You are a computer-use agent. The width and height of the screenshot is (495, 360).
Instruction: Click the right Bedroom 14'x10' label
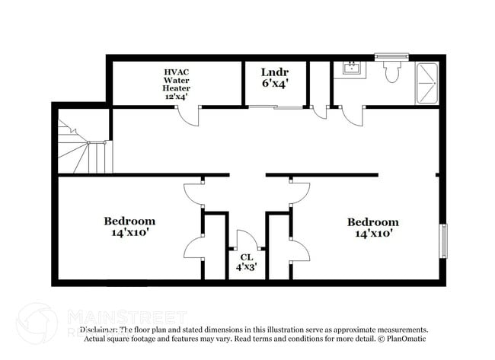(x=372, y=228)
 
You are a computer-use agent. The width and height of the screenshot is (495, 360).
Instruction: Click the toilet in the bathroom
(x=392, y=72)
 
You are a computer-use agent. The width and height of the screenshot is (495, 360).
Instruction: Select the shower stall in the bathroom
(x=427, y=82)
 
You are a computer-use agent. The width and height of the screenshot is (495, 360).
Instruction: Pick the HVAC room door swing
(x=189, y=116)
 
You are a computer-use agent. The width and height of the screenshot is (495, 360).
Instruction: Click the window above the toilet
(x=392, y=56)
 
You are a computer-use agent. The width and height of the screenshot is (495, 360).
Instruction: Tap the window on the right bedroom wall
(x=442, y=241)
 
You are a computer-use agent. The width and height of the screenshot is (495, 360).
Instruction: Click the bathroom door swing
(x=352, y=116)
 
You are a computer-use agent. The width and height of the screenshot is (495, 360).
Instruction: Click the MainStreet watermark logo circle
(x=36, y=323)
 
